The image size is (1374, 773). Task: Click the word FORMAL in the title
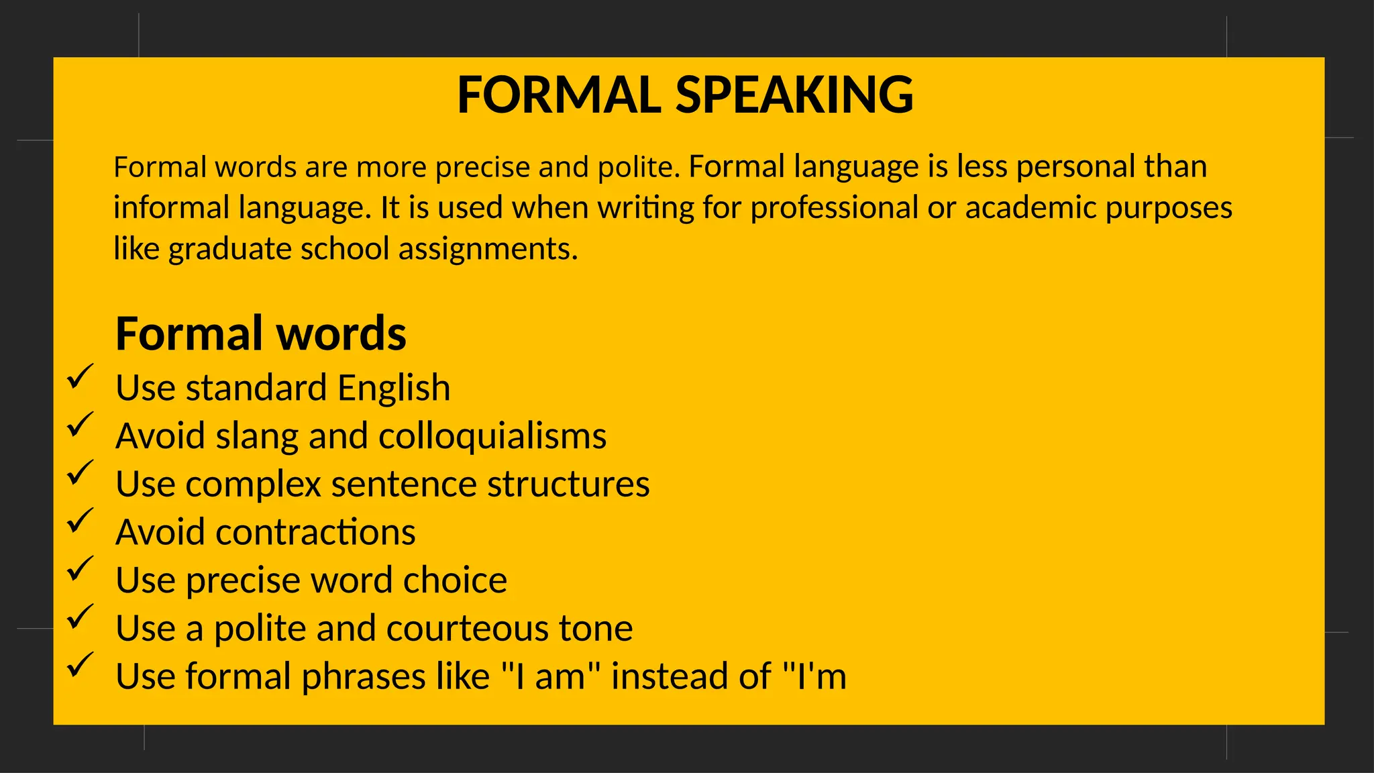[559, 95]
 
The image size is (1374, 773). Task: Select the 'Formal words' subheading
[260, 333]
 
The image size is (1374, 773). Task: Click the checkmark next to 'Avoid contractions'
[80, 521]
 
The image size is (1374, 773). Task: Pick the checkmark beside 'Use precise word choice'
[80, 568]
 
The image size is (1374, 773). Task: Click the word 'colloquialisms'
[492, 436]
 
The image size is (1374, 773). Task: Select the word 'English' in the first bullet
[394, 388]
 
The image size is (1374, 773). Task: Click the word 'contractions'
[315, 532]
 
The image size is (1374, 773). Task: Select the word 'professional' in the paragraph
[834, 207]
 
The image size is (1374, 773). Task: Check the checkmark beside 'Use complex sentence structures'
[80, 472]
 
